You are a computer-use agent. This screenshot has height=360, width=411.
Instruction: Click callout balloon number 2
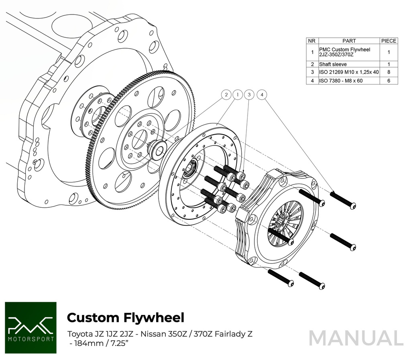(227, 95)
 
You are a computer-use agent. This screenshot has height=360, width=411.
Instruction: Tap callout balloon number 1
(238, 95)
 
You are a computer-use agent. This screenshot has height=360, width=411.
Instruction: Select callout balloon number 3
(249, 95)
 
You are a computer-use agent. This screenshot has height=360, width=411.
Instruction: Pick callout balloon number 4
(262, 95)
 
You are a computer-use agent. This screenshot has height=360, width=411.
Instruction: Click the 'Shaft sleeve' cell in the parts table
(333, 64)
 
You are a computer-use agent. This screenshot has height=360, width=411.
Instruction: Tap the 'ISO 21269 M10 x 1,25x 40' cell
(348, 72)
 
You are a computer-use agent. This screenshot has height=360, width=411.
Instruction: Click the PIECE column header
(389, 41)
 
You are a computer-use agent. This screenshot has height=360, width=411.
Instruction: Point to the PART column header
(349, 41)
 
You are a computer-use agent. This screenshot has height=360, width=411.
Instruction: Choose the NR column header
(312, 41)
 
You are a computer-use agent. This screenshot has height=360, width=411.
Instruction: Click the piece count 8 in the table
(389, 72)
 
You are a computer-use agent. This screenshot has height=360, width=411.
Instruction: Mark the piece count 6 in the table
(389, 81)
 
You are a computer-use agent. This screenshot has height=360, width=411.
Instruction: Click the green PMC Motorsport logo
(31, 328)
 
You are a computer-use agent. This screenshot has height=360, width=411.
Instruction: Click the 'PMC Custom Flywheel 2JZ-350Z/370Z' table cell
(348, 52)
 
